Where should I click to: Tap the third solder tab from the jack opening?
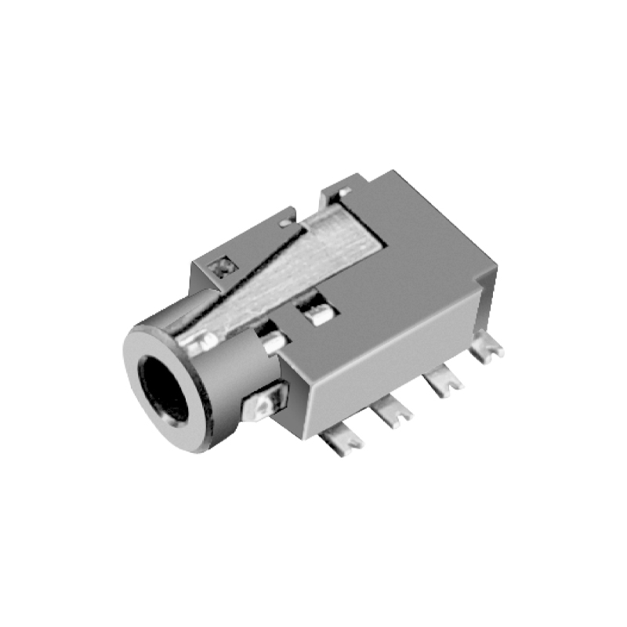click(x=444, y=383)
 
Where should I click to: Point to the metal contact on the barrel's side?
click(x=262, y=406)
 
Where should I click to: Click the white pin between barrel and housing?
click(x=274, y=344)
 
